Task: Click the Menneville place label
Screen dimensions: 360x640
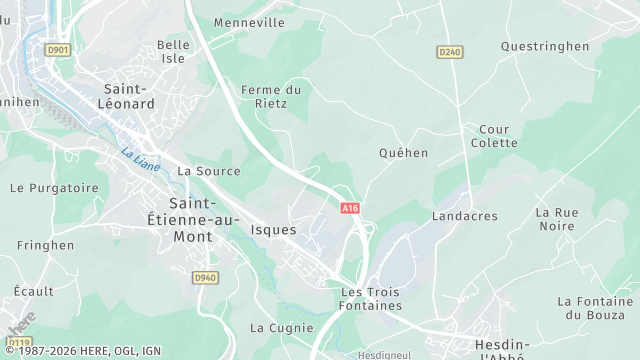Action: click(x=249, y=22)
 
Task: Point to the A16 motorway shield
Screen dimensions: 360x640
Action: click(x=349, y=208)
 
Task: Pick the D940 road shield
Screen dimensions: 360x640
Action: click(x=204, y=277)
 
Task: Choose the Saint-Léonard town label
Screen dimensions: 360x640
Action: click(x=128, y=96)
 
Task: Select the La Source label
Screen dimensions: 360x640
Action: click(x=208, y=171)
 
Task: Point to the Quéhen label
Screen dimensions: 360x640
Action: click(x=403, y=153)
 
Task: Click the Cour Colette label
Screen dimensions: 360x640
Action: click(x=494, y=136)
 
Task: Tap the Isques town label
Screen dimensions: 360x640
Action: click(x=273, y=230)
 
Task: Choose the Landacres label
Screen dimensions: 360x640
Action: click(x=464, y=216)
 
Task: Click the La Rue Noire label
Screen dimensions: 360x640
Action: click(x=556, y=219)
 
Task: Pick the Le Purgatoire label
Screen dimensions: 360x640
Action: click(x=54, y=187)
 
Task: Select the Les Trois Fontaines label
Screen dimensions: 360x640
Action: click(x=371, y=298)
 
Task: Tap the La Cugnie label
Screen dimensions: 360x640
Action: click(x=275, y=327)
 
